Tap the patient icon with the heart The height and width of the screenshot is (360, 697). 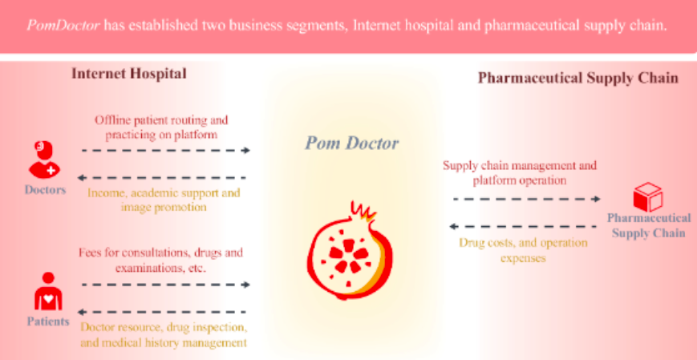point(48,292)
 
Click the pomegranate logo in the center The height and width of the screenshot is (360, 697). point(350,250)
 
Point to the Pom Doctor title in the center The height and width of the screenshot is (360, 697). point(351,144)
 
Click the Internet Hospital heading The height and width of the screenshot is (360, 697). point(129,74)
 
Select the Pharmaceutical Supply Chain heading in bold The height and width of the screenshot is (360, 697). point(577,79)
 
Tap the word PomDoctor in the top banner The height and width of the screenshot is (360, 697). point(63,26)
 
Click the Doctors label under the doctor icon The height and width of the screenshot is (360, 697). point(45,190)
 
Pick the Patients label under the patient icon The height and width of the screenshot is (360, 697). point(48,322)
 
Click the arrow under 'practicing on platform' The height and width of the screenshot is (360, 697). point(166,151)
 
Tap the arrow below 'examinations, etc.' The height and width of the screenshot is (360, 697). point(166,285)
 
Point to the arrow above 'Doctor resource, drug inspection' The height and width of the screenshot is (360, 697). point(162,312)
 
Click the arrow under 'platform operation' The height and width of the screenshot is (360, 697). point(527,199)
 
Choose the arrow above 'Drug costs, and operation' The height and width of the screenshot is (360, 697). point(523,227)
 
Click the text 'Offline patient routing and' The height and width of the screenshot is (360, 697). point(161,120)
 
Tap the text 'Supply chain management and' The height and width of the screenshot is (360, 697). point(520,166)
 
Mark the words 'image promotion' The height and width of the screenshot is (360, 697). point(164,208)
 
